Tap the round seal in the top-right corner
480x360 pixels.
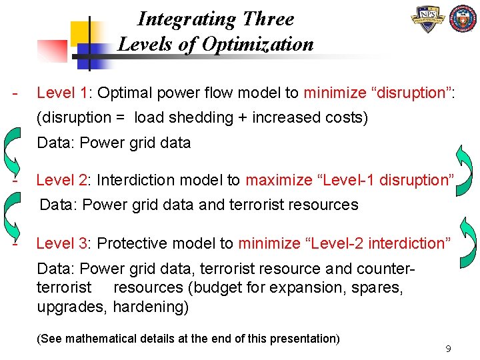pyautogui.click(x=464, y=20)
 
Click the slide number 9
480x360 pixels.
pyautogui.click(x=449, y=349)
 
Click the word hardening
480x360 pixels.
pyautogui.click(x=151, y=307)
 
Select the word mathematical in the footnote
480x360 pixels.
pyautogui.click(x=110, y=339)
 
